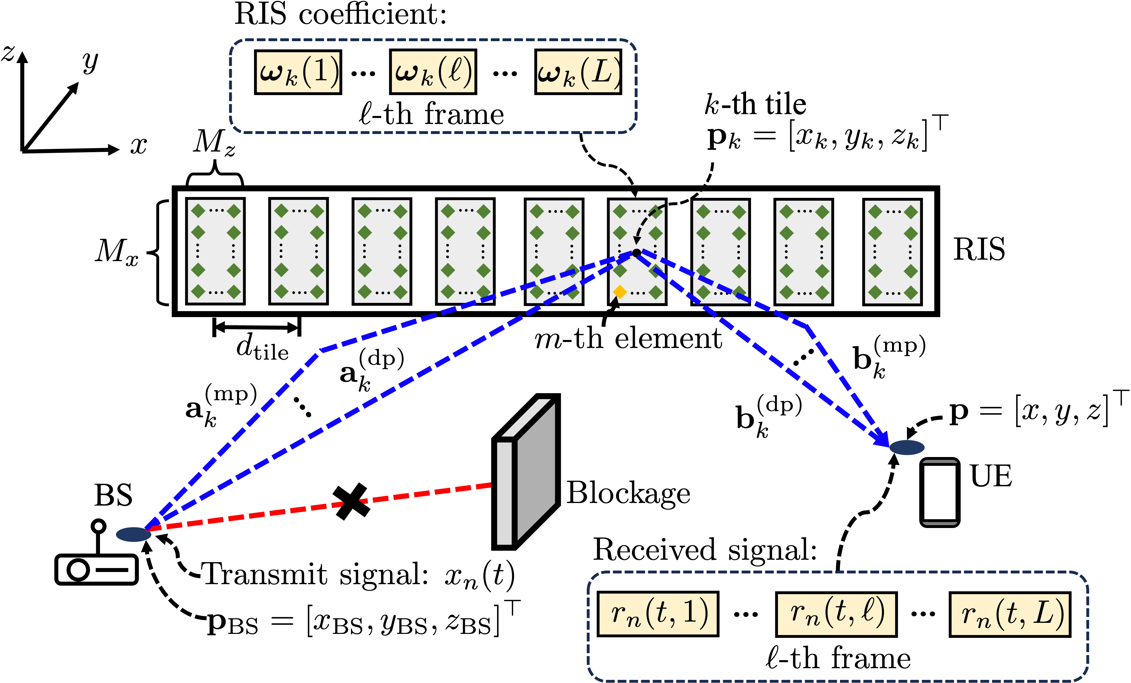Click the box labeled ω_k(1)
pos(298,72)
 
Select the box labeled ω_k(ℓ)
pos(433,72)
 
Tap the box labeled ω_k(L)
pos(578,72)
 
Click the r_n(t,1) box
pos(658,614)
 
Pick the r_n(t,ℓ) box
pos(836,614)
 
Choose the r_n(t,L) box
pos(1010,614)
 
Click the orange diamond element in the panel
pos(620,292)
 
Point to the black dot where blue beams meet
pos(636,253)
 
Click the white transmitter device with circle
pos(96,569)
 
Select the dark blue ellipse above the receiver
pos(907,447)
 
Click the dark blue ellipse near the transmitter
pos(133,534)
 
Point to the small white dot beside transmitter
pos(98,526)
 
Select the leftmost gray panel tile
pos(215,251)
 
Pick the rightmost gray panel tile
pos(892,252)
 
